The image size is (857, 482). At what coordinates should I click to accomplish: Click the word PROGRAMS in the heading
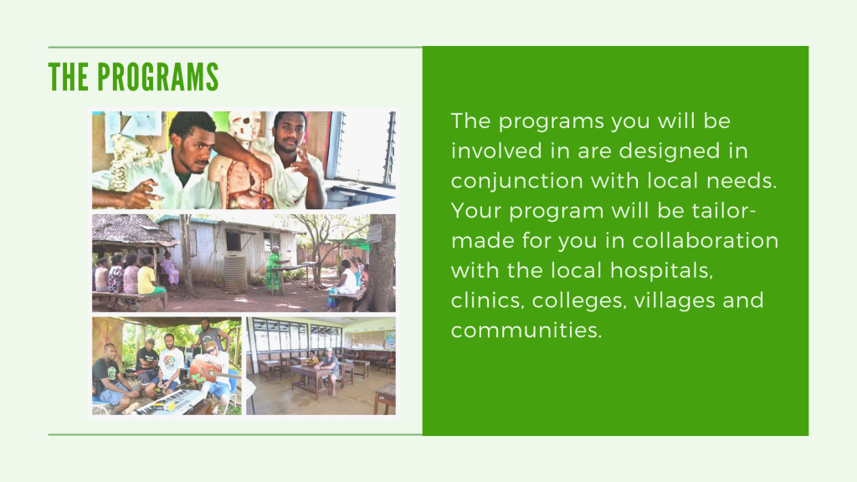coord(158,76)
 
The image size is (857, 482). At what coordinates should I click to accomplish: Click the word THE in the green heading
coord(69,76)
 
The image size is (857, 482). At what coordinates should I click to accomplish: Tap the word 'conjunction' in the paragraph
coord(517,182)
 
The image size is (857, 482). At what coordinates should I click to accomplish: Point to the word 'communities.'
coord(526,330)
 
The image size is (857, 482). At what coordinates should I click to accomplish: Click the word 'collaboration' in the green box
coord(706,240)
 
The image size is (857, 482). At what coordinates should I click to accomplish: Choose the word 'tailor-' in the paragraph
coord(724,210)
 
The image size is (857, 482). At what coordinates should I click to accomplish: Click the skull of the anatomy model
coord(244,125)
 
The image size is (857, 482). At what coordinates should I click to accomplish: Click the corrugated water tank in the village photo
coord(235,272)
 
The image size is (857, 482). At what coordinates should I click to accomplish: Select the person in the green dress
coord(273,269)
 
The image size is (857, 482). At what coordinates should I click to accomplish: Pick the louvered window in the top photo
coord(364,147)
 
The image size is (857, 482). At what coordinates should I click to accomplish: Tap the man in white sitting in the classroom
coord(330,370)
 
